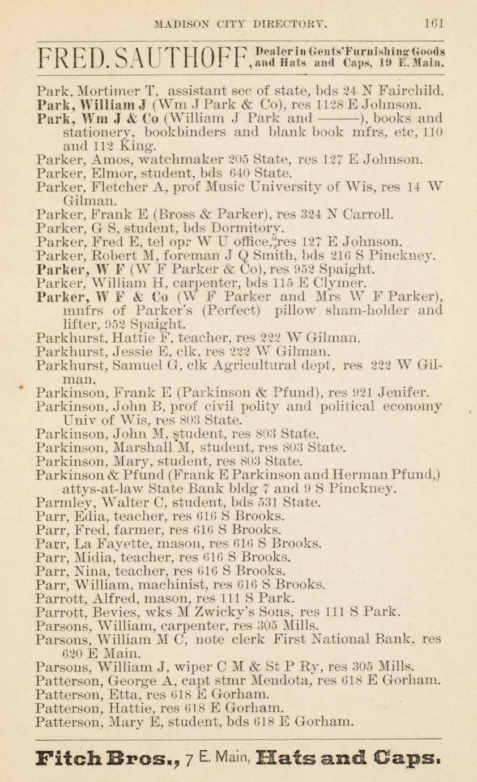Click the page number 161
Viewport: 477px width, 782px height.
433,24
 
